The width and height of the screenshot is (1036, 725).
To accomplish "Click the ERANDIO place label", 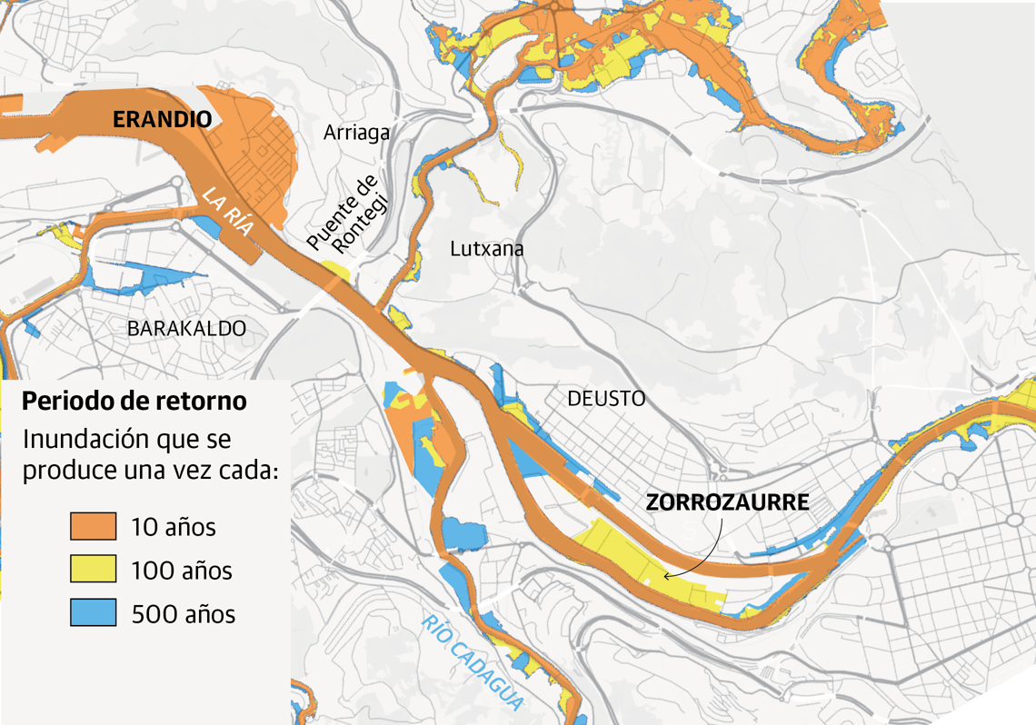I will click(x=162, y=119).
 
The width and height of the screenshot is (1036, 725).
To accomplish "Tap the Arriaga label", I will click(x=356, y=133).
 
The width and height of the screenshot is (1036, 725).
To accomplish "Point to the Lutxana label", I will click(x=487, y=248).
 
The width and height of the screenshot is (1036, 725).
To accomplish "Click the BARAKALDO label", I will click(x=186, y=328).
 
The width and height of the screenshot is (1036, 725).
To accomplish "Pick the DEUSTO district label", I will click(x=605, y=398).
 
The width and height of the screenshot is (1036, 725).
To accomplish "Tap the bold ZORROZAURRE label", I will click(x=726, y=502).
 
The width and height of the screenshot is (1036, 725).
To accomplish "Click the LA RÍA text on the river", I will click(x=227, y=211).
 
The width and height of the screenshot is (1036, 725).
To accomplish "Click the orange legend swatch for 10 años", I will click(x=94, y=526).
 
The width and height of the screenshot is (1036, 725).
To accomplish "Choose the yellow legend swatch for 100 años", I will click(x=94, y=570).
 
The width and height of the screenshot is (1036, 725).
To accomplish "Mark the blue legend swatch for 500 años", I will click(x=94, y=613).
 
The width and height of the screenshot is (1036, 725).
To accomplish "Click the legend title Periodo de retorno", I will click(x=134, y=401).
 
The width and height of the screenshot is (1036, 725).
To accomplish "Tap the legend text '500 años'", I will click(x=183, y=614).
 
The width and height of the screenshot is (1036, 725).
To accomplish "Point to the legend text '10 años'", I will click(x=174, y=527).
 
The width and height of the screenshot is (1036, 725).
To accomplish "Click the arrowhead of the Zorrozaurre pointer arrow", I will click(x=667, y=576).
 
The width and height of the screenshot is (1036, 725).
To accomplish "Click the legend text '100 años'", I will click(x=182, y=571).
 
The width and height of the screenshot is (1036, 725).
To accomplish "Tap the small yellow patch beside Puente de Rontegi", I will click(x=335, y=270).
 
